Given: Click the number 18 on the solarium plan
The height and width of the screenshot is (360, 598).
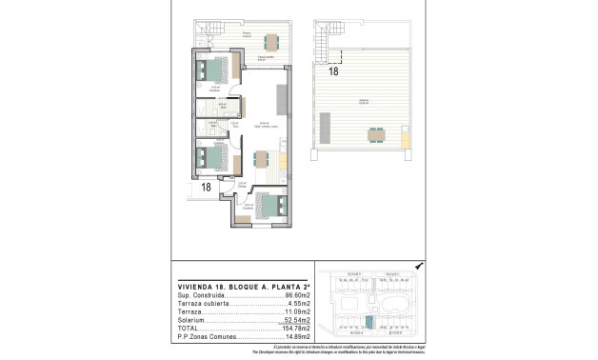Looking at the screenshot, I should point(332,70).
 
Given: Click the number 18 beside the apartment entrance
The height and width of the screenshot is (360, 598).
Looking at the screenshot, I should point(206,188).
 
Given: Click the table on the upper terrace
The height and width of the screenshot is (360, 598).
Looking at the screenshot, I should point(272,40).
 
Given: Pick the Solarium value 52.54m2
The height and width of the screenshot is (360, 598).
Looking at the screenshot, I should point(298,321).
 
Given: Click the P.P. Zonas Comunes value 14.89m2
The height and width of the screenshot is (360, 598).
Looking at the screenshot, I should point(298,337).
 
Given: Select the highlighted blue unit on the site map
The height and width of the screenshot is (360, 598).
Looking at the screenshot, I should point(369,320).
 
